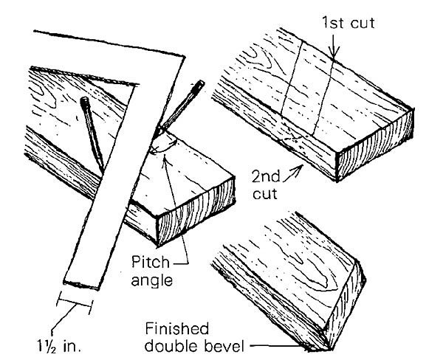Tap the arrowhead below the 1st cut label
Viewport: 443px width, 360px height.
tap(334, 55)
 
